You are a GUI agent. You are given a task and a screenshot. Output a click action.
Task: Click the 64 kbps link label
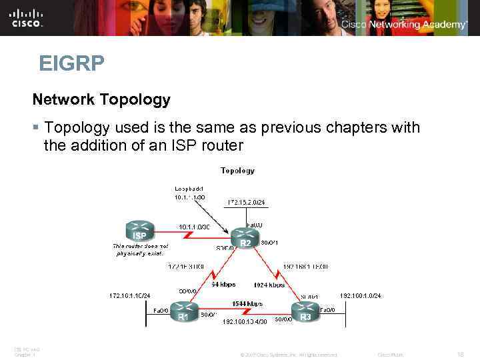224,285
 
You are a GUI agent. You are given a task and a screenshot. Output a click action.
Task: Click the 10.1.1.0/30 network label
194,227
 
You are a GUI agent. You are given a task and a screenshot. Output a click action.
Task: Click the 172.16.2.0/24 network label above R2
247,201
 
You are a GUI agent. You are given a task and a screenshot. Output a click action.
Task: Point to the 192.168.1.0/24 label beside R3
361,295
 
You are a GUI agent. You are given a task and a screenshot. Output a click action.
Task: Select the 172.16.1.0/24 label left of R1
130,295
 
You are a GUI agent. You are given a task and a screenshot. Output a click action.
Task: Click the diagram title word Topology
237,171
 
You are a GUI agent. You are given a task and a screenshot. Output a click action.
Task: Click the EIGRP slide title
71,64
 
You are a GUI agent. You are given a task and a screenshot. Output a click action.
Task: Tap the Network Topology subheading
101,100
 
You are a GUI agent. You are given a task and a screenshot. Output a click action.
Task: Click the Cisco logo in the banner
27,18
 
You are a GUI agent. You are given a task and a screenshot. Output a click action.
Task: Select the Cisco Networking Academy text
405,25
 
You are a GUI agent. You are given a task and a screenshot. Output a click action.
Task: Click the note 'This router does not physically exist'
141,250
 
